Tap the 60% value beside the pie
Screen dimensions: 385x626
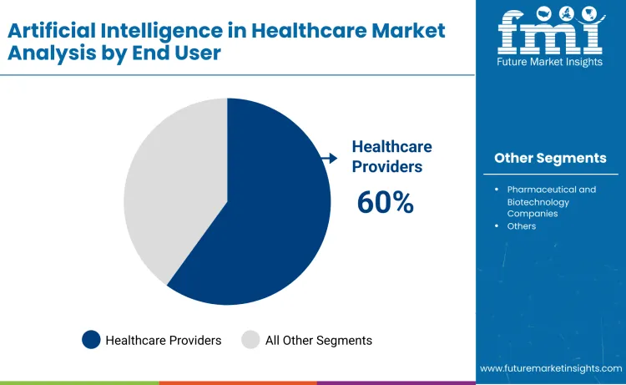pos(386,202)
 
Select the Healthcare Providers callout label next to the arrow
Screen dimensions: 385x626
pos(391,156)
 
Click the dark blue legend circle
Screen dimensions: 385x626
pos(91,340)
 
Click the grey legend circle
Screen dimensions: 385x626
pos(250,340)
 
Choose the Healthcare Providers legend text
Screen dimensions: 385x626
pos(164,340)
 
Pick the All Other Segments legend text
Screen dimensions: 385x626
pos(318,340)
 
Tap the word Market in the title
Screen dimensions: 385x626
pos(408,31)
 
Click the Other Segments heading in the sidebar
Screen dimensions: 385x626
pos(550,158)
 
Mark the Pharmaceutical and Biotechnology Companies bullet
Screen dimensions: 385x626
pos(551,202)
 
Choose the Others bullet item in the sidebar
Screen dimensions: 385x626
pos(522,226)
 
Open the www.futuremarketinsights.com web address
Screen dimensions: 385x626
pos(551,367)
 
